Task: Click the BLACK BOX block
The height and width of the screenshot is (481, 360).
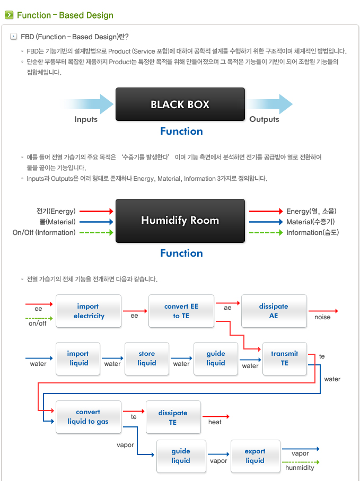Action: [x=180, y=104]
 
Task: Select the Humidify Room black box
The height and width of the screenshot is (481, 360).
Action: [x=180, y=220]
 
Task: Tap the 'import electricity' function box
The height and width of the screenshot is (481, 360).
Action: [x=89, y=311]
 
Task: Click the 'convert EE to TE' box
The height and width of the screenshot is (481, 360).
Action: [x=181, y=311]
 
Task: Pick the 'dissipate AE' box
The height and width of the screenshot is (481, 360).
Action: [x=274, y=311]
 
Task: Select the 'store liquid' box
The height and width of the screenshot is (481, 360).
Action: [x=147, y=358]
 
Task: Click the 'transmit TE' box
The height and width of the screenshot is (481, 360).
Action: [x=285, y=358]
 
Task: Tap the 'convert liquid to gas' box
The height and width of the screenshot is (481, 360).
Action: [x=88, y=417]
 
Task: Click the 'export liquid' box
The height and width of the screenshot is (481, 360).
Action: [x=255, y=456]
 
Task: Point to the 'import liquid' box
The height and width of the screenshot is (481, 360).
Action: [x=78, y=358]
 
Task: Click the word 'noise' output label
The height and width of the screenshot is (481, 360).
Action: [x=322, y=317]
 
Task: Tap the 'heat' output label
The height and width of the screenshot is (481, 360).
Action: [x=215, y=422]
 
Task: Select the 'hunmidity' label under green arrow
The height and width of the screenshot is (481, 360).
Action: [x=300, y=468]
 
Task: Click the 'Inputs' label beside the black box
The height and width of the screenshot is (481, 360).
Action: [x=86, y=119]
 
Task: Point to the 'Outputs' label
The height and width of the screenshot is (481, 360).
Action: [x=264, y=119]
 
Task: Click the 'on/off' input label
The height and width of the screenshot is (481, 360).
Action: [x=38, y=323]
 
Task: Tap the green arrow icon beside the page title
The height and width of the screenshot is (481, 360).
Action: [x=9, y=15]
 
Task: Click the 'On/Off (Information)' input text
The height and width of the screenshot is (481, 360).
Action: [x=44, y=232]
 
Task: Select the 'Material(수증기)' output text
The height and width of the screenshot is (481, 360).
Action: [x=311, y=222]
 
